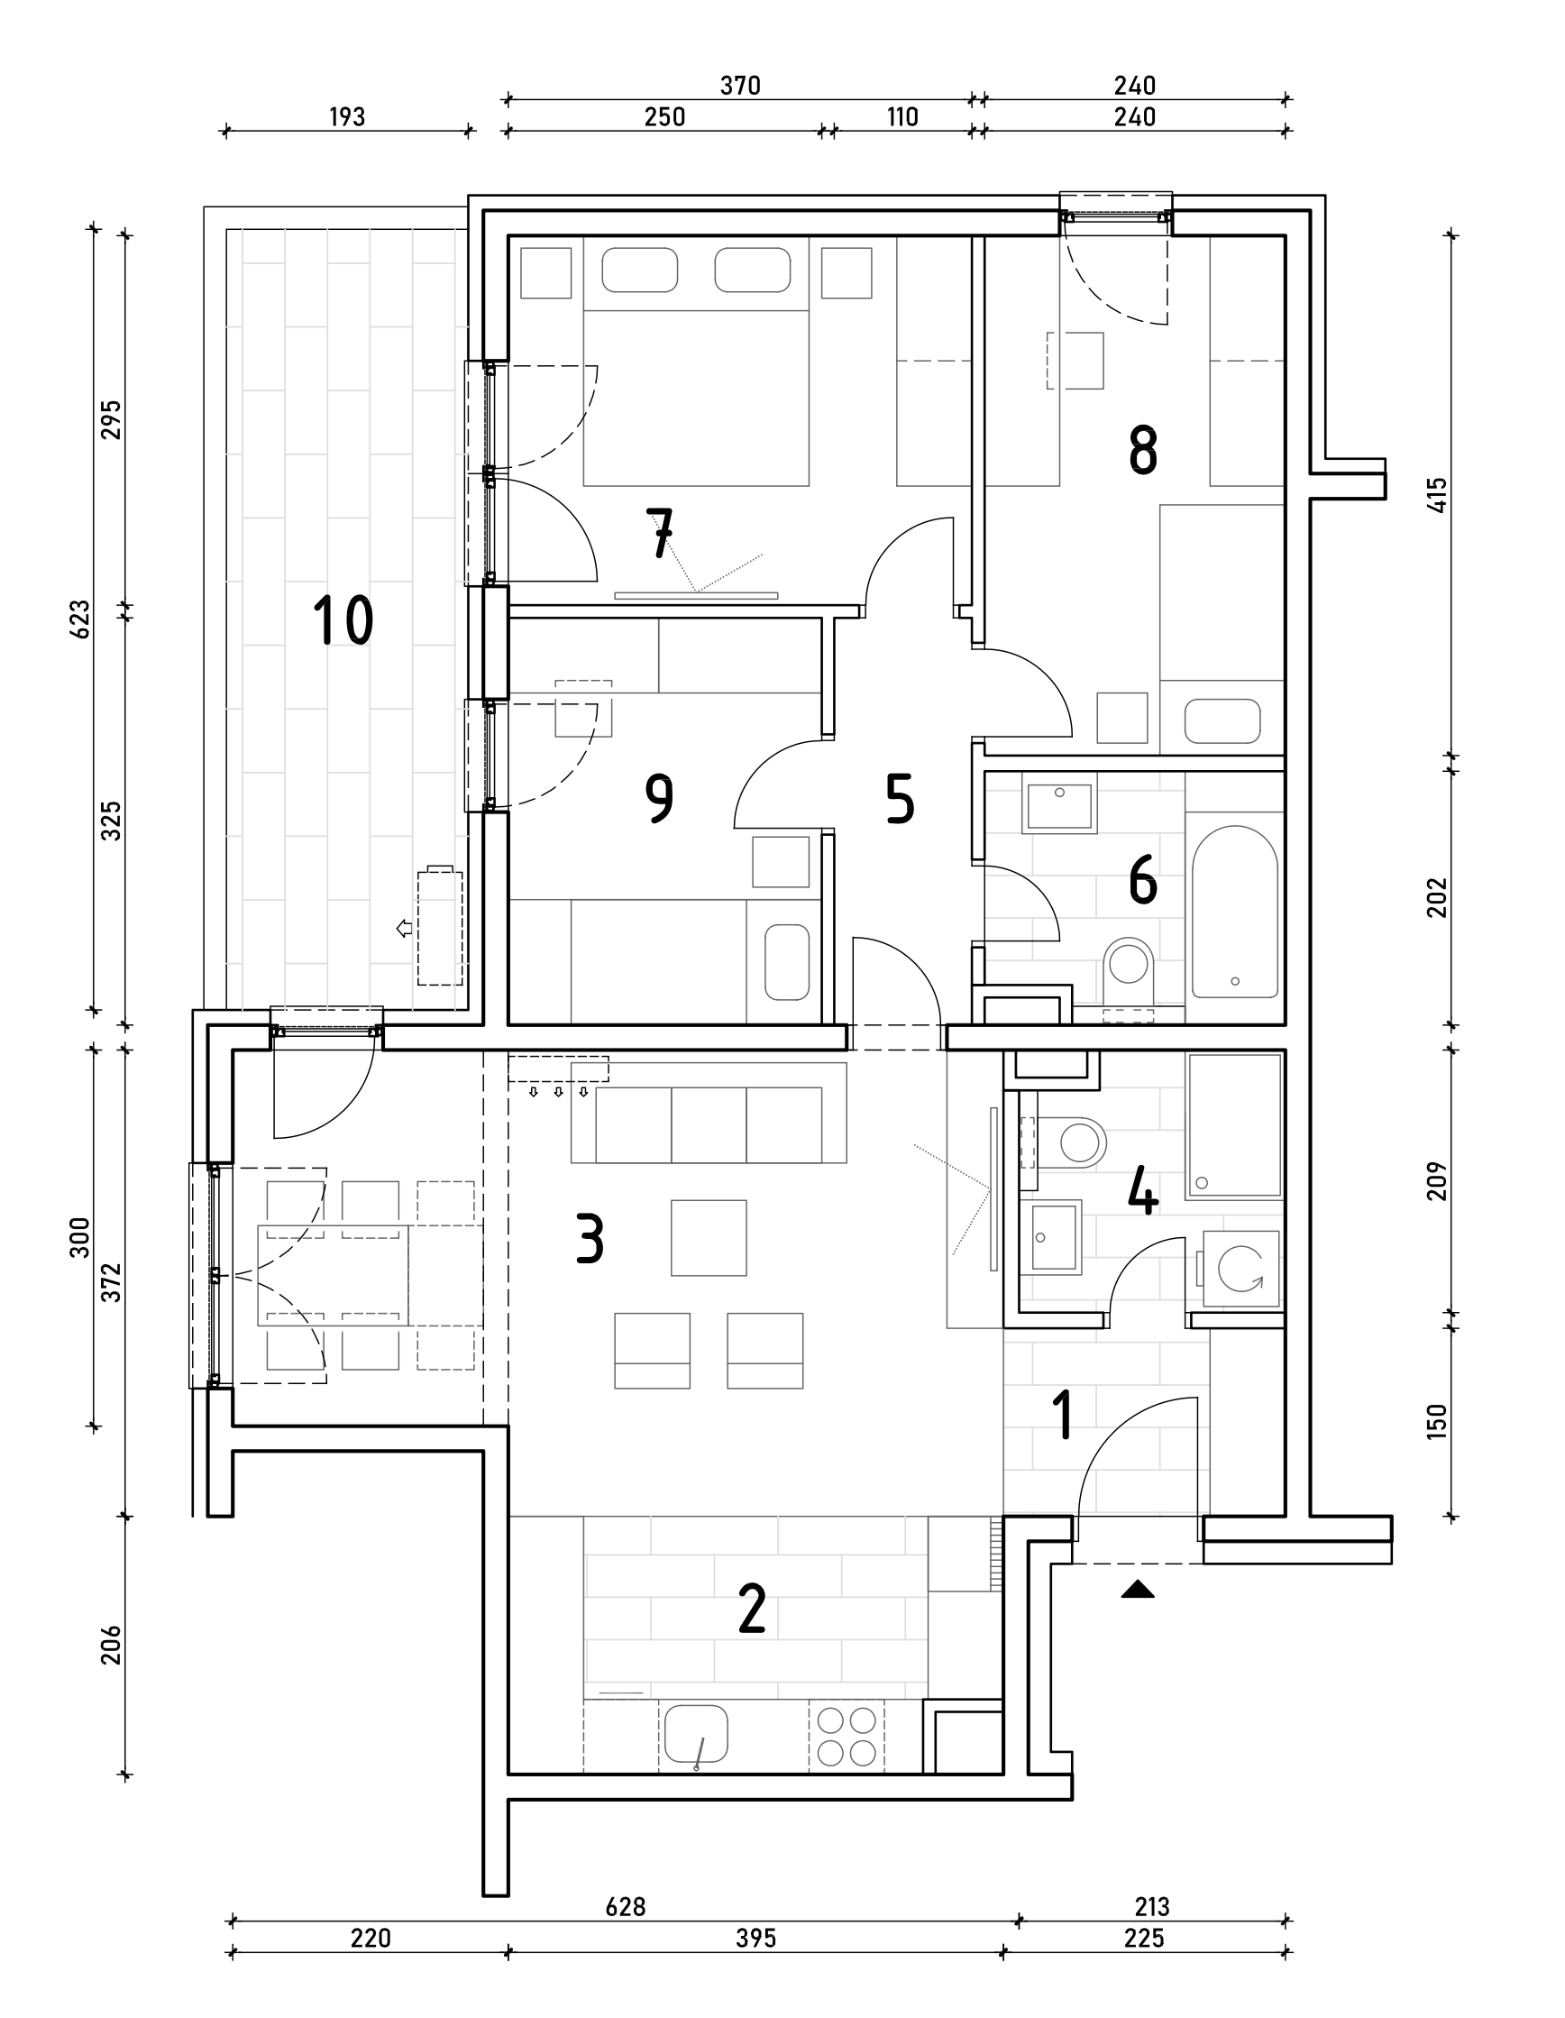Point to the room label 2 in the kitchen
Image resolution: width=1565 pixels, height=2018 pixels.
point(752,1609)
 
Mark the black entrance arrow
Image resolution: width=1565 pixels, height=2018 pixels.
point(1139,1590)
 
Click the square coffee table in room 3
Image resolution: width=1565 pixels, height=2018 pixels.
point(709,1237)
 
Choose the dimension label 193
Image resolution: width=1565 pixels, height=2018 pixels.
point(346,117)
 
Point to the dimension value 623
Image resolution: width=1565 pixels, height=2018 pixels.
point(80,619)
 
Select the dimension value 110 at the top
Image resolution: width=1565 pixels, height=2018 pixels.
point(901,117)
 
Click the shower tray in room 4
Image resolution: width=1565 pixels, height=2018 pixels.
point(1234,1125)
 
